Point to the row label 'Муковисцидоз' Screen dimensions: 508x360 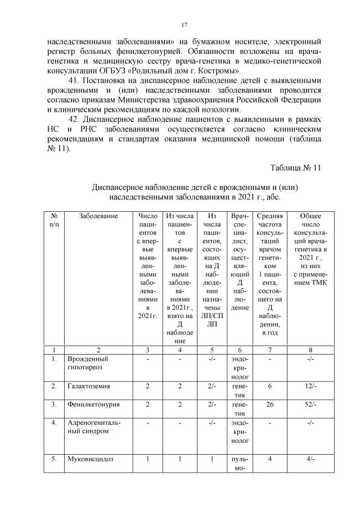click(90, 459)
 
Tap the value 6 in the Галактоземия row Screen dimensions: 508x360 click(270, 387)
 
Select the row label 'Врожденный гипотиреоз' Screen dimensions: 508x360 click(88, 362)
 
